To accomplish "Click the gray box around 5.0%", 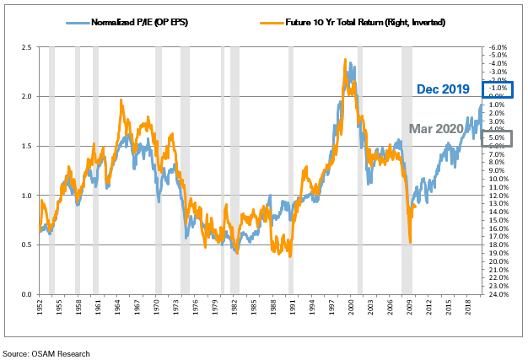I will [x=496, y=138].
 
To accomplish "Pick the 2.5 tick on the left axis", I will [x=26, y=47].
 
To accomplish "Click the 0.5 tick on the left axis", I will [x=26, y=245].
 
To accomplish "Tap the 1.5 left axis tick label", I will [x=26, y=146].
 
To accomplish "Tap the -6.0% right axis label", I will [x=497, y=47].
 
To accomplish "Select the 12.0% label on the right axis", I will [x=497, y=196].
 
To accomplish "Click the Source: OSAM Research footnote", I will [x=46, y=353].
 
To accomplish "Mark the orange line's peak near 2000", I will [x=346, y=60].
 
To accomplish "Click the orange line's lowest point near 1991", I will [x=290, y=255].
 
